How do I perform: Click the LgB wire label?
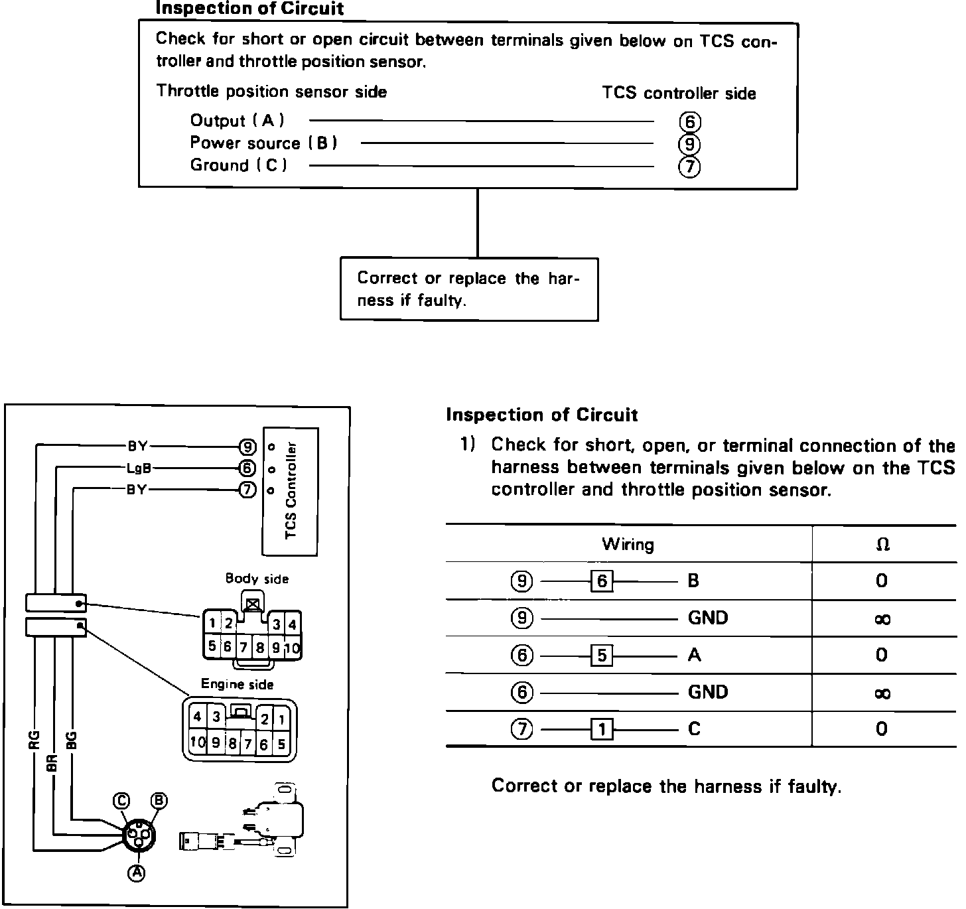(139, 468)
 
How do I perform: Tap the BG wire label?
(72, 739)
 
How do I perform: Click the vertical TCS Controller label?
(291, 490)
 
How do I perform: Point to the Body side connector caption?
(257, 579)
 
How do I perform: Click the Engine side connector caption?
(237, 684)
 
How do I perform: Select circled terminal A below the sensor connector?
(137, 873)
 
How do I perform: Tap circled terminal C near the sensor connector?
(121, 801)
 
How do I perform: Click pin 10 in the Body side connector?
(293, 648)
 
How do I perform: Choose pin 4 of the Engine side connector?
(197, 717)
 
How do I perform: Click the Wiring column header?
(628, 545)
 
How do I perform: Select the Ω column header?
(882, 545)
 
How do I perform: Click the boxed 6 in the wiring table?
(602, 581)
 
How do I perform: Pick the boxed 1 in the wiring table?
(602, 730)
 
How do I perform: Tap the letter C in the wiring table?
(694, 729)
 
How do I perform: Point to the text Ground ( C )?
(238, 165)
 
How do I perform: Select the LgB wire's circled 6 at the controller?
(247, 468)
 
